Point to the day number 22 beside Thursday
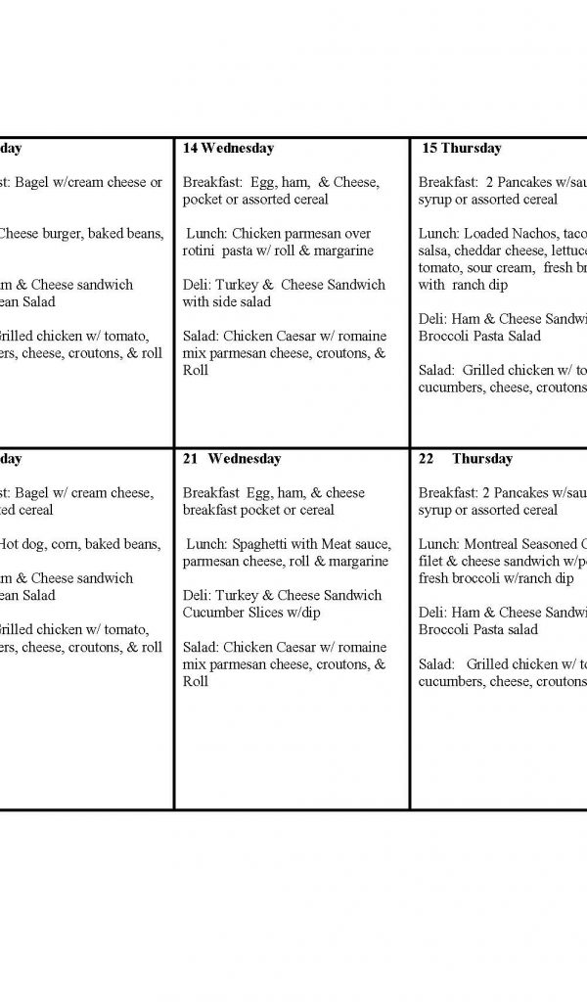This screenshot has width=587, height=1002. pos(427,459)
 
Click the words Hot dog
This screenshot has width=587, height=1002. pos(21,544)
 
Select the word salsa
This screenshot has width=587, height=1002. pos(434,250)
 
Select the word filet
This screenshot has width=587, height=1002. pos(433,562)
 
